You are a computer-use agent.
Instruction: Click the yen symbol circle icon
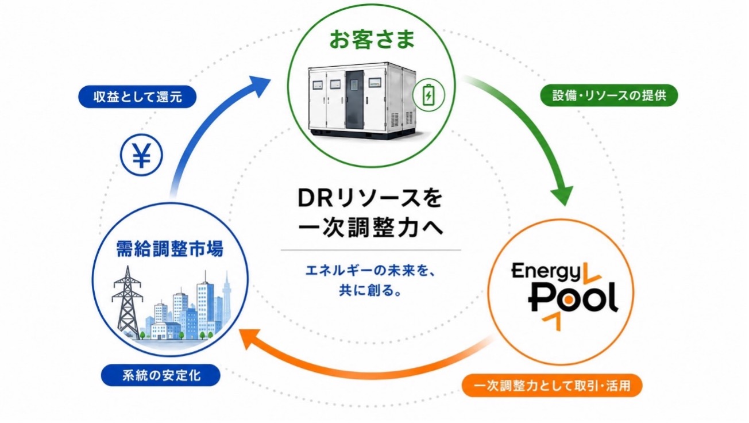click(142, 155)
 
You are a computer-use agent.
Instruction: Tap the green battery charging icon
click(428, 95)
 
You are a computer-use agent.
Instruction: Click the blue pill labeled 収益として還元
click(137, 97)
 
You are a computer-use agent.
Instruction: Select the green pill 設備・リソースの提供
click(609, 95)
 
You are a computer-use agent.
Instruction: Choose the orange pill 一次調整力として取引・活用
click(552, 386)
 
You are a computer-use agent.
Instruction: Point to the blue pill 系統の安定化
click(161, 375)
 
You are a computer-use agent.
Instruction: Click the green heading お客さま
click(372, 40)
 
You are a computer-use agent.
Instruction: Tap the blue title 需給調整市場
click(170, 249)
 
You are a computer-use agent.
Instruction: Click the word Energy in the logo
click(546, 272)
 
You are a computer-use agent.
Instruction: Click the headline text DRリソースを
click(370, 198)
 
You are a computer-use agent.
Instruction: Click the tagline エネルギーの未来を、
click(370, 270)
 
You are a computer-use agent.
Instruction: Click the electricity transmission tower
click(127, 302)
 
